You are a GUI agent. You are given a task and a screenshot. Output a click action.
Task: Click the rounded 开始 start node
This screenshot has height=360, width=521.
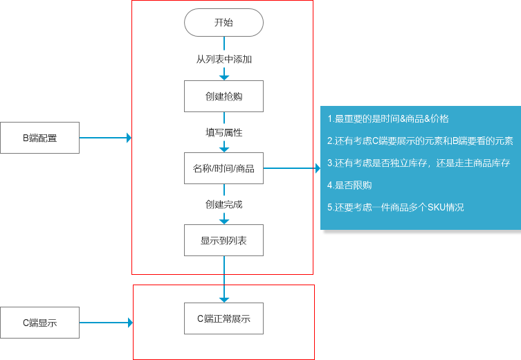[223, 22]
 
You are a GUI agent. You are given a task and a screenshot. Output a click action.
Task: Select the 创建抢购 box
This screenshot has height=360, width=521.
[223, 96]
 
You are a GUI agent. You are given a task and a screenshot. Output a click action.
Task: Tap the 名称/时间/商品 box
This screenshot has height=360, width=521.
[223, 168]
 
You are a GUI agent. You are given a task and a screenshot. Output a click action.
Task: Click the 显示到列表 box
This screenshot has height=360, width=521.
[223, 240]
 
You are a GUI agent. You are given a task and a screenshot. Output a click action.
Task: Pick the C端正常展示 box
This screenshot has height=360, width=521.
[223, 318]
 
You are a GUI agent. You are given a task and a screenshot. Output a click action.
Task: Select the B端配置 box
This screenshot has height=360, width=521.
[39, 138]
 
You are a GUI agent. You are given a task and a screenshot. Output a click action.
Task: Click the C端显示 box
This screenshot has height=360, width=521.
[39, 323]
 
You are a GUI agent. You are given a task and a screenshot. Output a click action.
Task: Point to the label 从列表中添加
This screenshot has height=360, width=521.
[223, 60]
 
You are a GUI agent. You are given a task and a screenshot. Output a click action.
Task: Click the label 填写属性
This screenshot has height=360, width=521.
[223, 132]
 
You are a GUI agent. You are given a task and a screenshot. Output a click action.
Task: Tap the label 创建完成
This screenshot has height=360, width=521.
[223, 204]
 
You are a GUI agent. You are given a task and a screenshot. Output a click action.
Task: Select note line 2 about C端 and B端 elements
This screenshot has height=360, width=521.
[420, 141]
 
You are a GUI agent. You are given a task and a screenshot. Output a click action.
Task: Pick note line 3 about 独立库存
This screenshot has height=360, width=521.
[418, 163]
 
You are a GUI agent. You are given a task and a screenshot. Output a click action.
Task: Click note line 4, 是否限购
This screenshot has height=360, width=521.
[349, 185]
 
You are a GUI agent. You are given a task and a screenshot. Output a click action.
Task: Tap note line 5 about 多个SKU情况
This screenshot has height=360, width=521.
[395, 207]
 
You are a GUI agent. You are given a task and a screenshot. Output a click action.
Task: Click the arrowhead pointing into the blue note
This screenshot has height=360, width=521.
[316, 168]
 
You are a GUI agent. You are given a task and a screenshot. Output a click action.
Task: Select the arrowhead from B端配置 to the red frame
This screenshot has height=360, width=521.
[128, 138]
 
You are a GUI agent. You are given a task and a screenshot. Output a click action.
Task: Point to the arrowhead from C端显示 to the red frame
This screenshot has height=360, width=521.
[129, 323]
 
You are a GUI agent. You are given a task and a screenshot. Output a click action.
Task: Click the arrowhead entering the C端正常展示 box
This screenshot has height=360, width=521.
[223, 299]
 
